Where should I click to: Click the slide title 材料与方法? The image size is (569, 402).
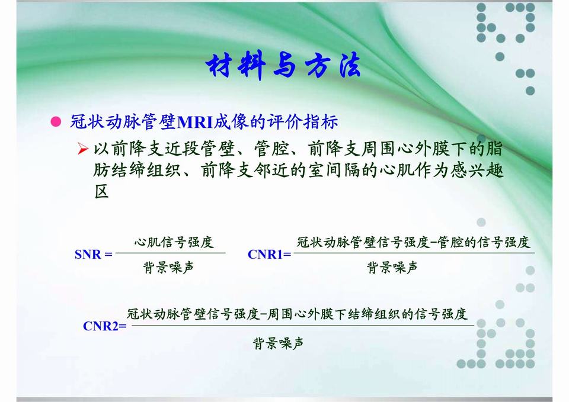pyautogui.click(x=283, y=66)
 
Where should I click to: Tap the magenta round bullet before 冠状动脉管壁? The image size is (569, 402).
pyautogui.click(x=56, y=123)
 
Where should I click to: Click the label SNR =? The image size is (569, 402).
pyautogui.click(x=94, y=255)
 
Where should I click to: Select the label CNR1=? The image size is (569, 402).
pyautogui.click(x=269, y=255)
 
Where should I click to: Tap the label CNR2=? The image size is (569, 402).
pyautogui.click(x=105, y=326)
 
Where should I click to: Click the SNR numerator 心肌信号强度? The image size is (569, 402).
pyautogui.click(x=173, y=242)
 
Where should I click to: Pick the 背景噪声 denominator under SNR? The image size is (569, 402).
pyautogui.click(x=168, y=268)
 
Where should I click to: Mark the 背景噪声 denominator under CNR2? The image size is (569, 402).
pyautogui.click(x=279, y=343)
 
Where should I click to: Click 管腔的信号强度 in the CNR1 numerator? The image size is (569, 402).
pyautogui.click(x=484, y=242)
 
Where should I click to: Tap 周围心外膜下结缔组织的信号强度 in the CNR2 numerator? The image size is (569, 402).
pyautogui.click(x=367, y=314)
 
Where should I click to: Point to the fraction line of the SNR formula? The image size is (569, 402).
pyautogui.click(x=170, y=253)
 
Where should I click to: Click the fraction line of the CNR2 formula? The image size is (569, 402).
pyautogui.click(x=302, y=325)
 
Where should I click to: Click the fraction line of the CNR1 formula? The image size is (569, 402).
pyautogui.click(x=414, y=253)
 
